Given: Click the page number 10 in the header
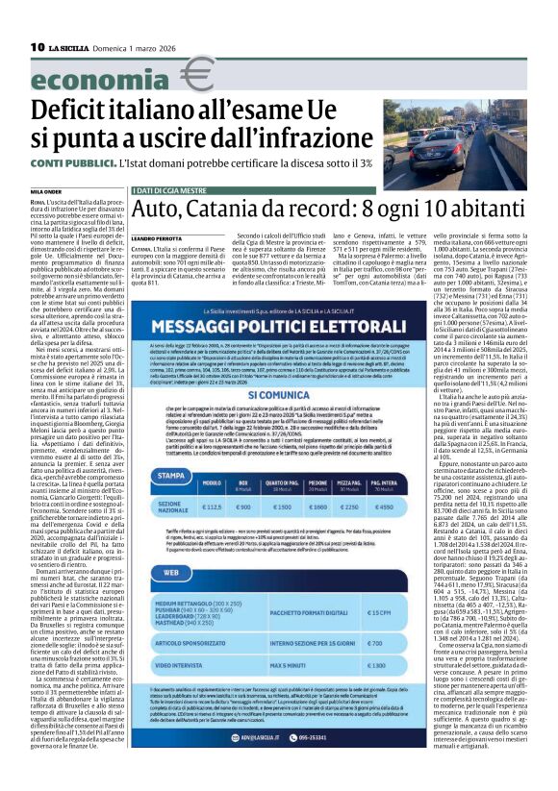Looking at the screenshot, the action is [38, 46].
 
